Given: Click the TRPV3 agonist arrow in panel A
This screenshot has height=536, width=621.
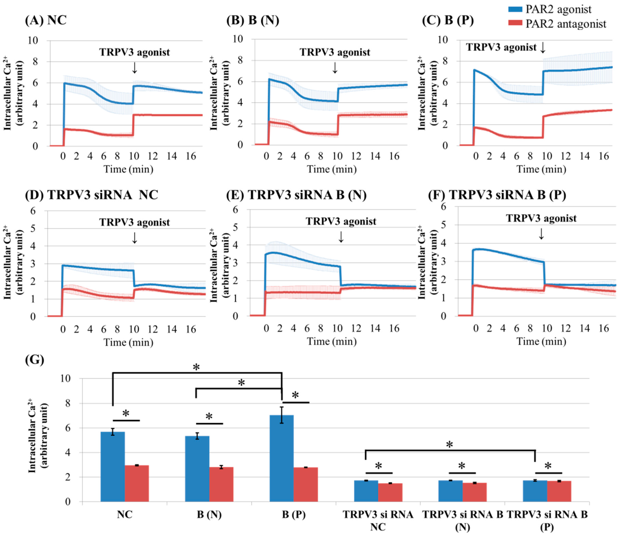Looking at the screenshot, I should [135, 68].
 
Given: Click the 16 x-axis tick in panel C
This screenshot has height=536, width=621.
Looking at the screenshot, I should [604, 156].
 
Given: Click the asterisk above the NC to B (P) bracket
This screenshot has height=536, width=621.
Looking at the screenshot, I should [196, 367].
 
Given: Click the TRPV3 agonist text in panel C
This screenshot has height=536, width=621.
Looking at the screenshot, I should [501, 47].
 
